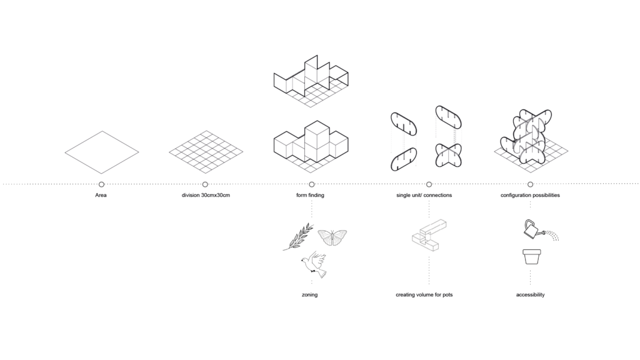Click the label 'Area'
tap(101, 196)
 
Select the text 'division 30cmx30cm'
tap(205, 196)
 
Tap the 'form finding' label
tap(311, 196)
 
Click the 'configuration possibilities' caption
tap(530, 196)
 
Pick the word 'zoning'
tap(309, 294)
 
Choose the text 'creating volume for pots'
tap(424, 294)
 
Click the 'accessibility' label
tap(530, 294)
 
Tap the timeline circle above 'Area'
tap(101, 184)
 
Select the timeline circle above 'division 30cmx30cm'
tap(205, 184)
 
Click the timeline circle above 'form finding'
tap(311, 184)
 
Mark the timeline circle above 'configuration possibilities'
tap(530, 184)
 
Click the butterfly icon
tap(332, 237)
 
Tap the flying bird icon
tap(314, 264)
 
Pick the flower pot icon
tap(530, 257)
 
